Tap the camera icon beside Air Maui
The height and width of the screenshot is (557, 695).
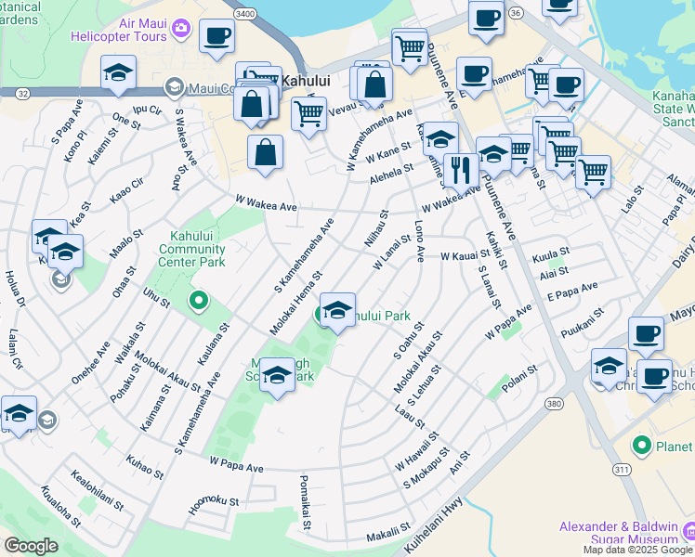pos(181,28)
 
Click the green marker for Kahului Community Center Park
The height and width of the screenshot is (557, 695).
pos(197,301)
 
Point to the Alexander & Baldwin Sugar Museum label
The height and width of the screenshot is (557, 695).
pos(618,533)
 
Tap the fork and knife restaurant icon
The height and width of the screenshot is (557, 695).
pos(459,169)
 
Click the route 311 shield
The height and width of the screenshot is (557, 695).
pos(621,471)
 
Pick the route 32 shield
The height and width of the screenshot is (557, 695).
pos(21,93)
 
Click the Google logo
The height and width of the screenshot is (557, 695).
pos(32,546)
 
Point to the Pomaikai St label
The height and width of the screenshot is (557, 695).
pos(305,504)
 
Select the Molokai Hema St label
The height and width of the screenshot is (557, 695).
pos(295,303)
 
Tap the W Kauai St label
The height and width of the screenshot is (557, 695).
pos(465,255)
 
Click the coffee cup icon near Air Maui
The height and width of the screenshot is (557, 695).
pos(216,36)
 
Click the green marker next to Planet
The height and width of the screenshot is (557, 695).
pos(640,447)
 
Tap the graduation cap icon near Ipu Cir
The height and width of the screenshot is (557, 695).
pos(119,74)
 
